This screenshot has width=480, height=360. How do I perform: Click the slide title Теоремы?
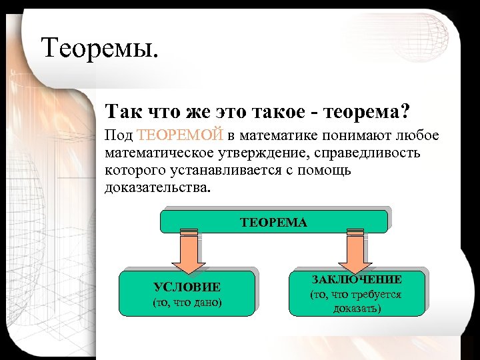[101, 47]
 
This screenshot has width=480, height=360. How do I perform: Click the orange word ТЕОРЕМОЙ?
[179, 137]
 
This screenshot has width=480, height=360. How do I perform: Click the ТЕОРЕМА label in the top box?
[273, 222]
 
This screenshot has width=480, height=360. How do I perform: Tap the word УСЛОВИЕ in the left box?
[187, 287]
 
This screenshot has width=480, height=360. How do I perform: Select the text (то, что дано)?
[187, 303]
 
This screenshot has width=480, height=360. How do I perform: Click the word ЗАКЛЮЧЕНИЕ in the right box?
[357, 279]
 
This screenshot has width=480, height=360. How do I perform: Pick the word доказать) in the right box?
[357, 309]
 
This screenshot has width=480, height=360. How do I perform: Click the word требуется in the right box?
[378, 294]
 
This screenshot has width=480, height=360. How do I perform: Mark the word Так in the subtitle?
[120, 110]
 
